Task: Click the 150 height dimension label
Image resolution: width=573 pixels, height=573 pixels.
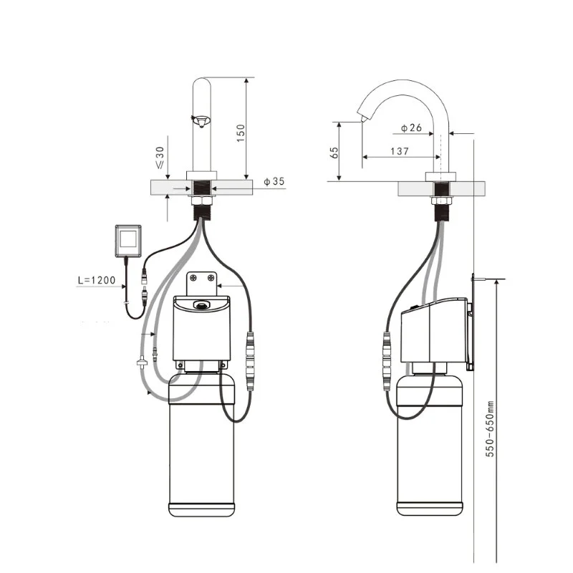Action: pos(241,133)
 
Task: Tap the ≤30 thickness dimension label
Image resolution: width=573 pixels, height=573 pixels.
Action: pos(160,158)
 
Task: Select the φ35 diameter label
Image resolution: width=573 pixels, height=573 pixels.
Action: pos(274,181)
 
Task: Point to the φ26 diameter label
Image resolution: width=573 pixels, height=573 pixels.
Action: pos(411,127)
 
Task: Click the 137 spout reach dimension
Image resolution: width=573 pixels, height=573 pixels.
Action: pos(400,151)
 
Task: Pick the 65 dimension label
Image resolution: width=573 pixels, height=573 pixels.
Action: pos(334,153)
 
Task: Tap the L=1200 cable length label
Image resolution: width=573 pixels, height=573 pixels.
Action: pos(97,280)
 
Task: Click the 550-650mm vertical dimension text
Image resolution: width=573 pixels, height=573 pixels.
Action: pos(490,428)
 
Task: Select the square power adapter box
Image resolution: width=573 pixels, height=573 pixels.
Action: pos(128,241)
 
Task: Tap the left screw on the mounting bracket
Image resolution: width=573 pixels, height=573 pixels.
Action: pos(193,278)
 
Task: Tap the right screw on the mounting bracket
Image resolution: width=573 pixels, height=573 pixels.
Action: pos(211,278)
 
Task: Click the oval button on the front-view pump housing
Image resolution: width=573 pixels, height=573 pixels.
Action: pos(201,304)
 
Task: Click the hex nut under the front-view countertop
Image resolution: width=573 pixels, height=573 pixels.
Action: pos(201,201)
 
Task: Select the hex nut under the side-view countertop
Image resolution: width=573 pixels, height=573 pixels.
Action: pos(442,201)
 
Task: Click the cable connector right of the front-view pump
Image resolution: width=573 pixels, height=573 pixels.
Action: pos(250,361)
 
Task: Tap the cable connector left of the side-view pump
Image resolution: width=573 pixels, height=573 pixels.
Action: pos(387,361)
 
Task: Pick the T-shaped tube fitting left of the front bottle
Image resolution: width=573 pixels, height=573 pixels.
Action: pos(142,363)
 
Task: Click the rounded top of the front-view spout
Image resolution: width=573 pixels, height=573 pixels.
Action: pos(202,81)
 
